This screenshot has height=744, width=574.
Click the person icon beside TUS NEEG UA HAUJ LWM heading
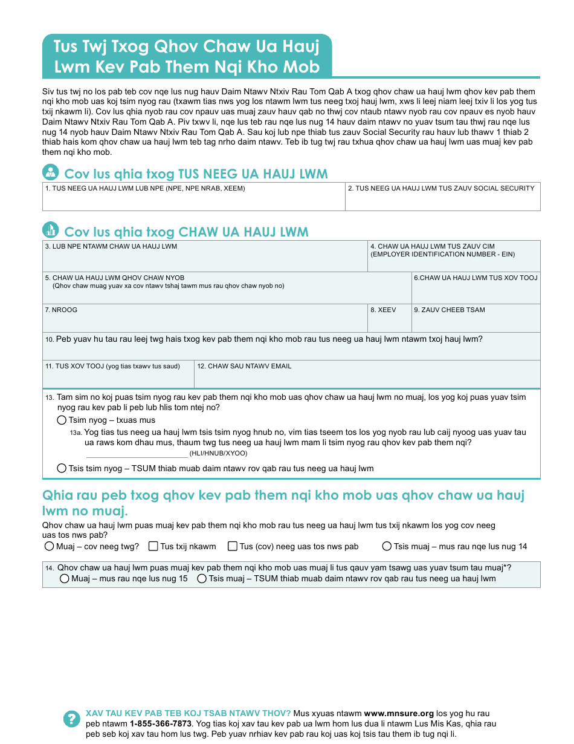51,172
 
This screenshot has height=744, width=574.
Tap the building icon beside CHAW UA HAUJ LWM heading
51,230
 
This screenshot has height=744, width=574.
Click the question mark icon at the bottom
71,719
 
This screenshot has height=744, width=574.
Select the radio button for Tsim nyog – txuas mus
62,420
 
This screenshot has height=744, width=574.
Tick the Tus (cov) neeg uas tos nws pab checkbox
233,546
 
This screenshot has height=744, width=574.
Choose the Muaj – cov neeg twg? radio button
50,546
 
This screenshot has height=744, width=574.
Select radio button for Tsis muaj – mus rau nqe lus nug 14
387,546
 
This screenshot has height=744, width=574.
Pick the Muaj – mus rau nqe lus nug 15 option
65,579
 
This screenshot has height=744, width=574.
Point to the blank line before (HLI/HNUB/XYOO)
137,454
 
